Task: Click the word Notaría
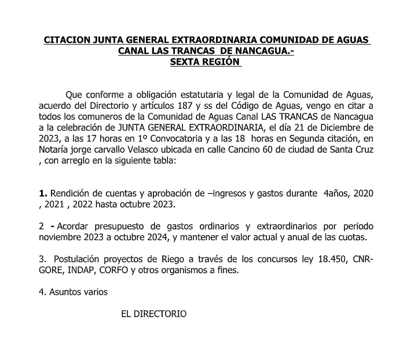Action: point(55,150)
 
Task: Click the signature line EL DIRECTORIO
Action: point(153,314)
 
